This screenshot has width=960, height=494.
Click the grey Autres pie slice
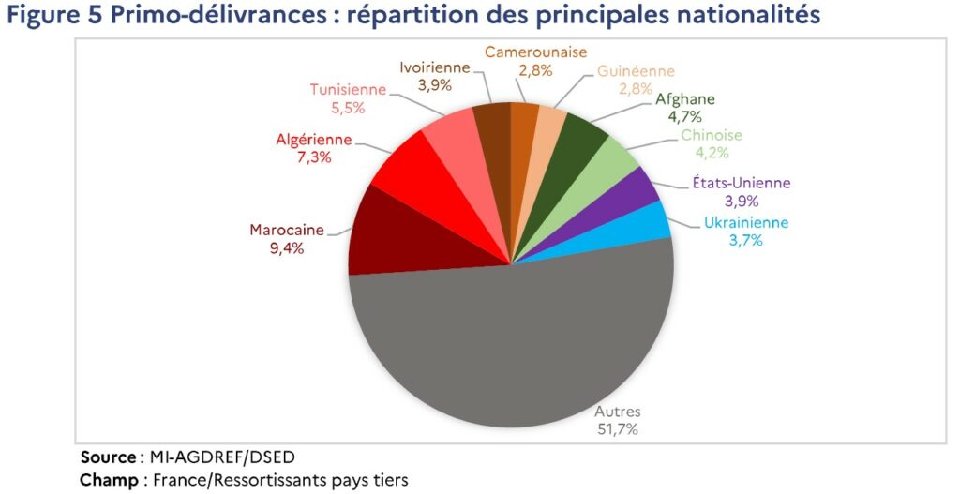(x=511, y=347)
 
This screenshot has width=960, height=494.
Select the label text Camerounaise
(x=536, y=52)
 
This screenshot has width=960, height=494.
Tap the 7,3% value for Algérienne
(x=314, y=157)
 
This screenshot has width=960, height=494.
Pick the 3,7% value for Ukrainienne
(x=744, y=240)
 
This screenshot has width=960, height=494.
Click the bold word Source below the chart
(x=108, y=457)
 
